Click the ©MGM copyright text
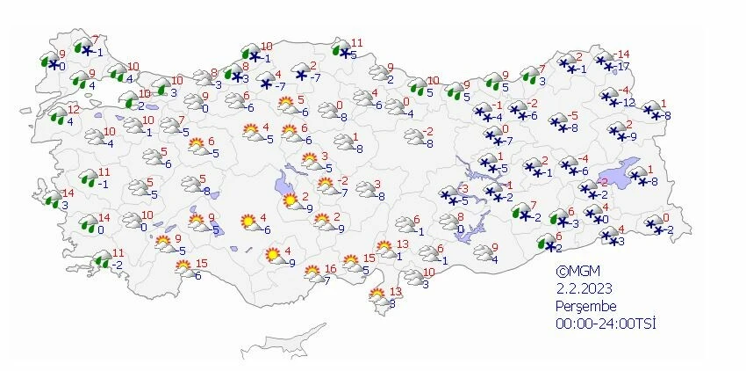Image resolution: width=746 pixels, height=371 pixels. coord(575,272)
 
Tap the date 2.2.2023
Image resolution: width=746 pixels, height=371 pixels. coord(582,288)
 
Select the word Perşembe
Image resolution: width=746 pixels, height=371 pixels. coord(585,306)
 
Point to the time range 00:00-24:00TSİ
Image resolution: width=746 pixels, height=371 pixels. coord(606,324)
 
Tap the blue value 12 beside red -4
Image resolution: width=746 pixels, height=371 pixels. coord(628,102)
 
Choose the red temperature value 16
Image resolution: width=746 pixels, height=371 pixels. coord(330,269)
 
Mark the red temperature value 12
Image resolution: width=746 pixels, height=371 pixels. coord(73,109)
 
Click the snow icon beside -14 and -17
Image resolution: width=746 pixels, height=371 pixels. coord(604,61)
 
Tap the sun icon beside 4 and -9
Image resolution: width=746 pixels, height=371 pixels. coord(274,257)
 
